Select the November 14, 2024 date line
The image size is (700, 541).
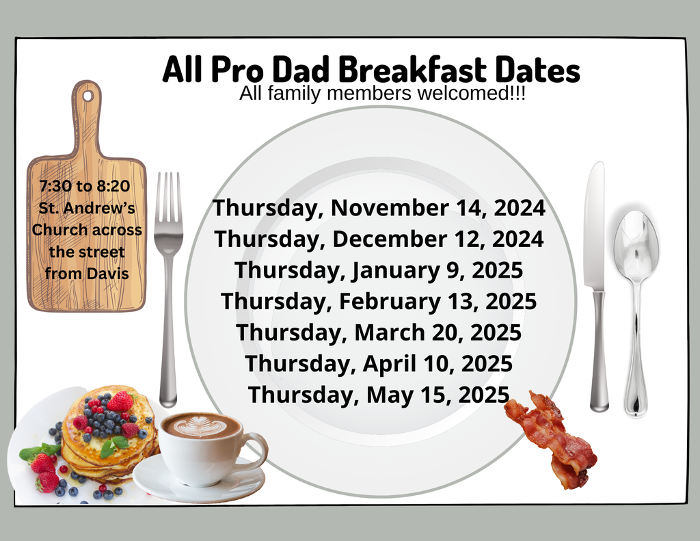pos(379,207)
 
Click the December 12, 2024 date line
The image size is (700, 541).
pos(379,239)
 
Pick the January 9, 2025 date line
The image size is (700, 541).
pos(379,269)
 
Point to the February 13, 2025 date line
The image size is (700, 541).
pos(379,300)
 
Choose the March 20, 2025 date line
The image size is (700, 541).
pos(379,332)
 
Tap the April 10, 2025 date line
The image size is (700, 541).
pos(379,363)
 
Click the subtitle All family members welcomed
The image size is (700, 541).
pos(382,94)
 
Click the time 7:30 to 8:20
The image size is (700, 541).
pos(85,185)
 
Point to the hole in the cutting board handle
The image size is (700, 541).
pos(87,96)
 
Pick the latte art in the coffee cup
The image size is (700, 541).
pos(200,426)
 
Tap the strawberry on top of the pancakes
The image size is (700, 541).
pos(120,401)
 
